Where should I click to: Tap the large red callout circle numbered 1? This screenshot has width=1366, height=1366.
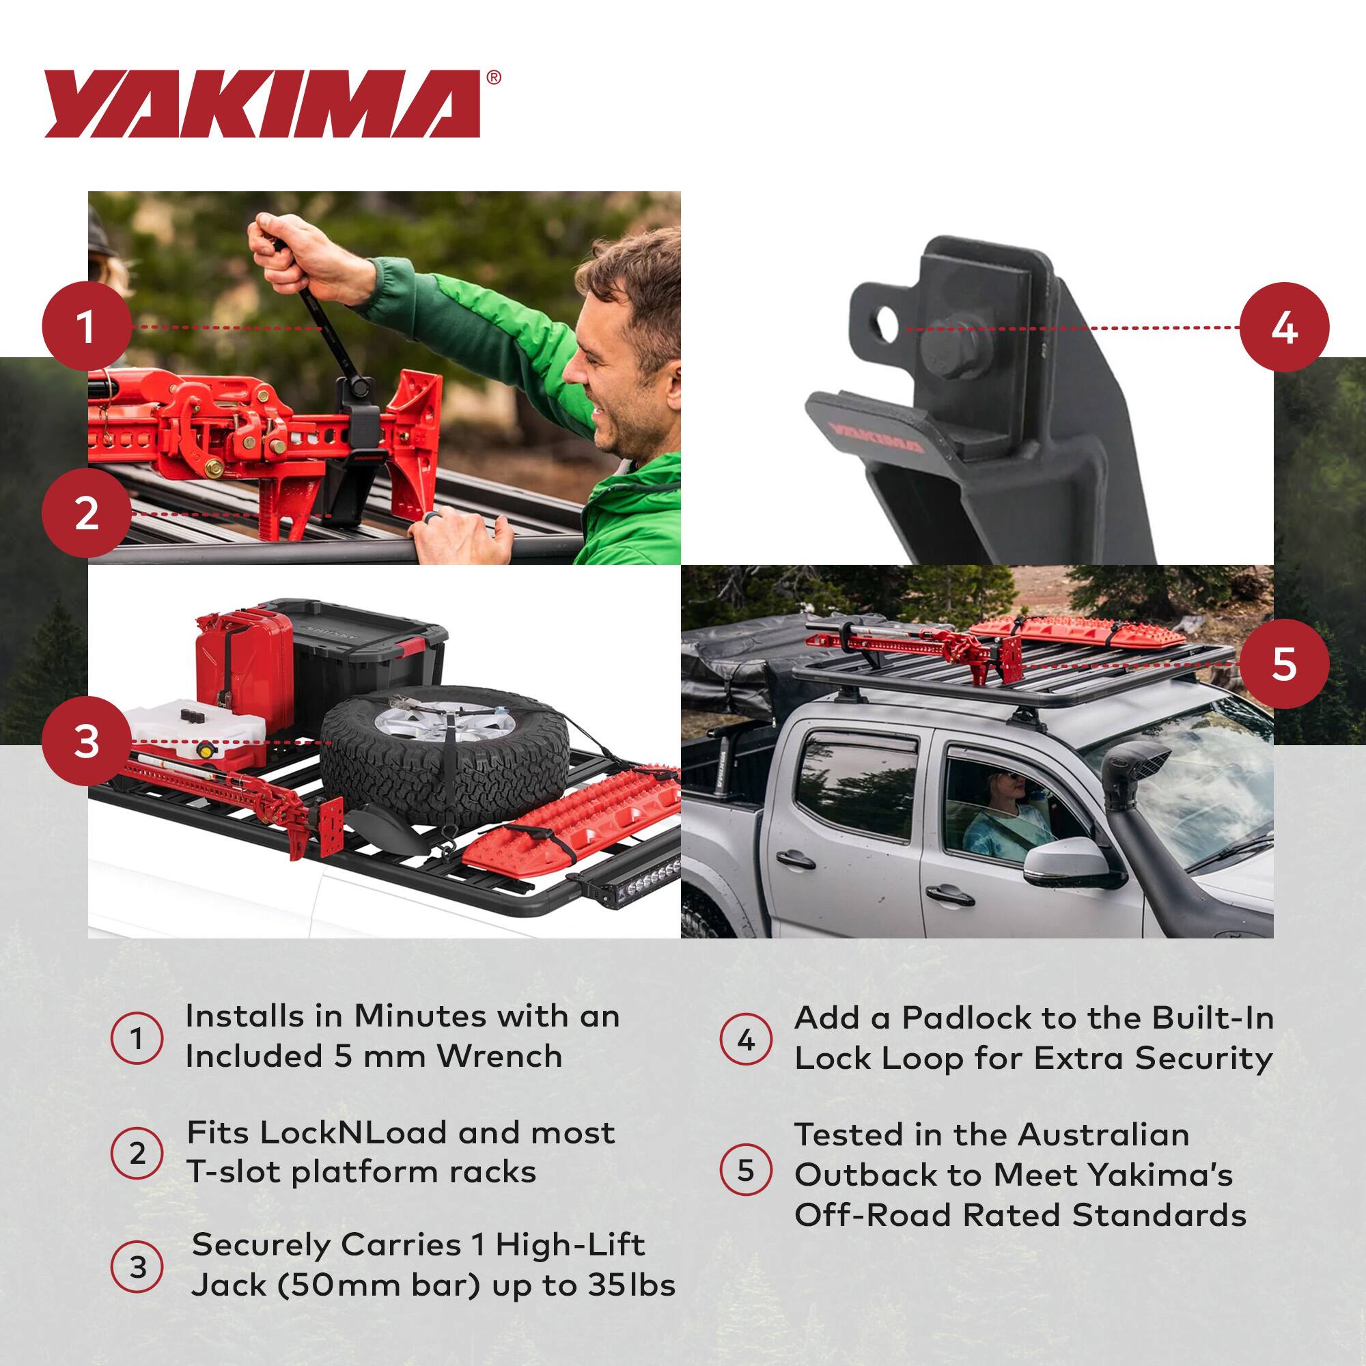86,327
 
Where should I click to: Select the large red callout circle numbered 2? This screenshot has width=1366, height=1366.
86,514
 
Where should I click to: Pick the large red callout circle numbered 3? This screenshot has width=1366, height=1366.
86,742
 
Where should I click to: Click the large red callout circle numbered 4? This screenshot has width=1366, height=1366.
1284,327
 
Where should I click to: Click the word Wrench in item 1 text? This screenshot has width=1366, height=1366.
499,1057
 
